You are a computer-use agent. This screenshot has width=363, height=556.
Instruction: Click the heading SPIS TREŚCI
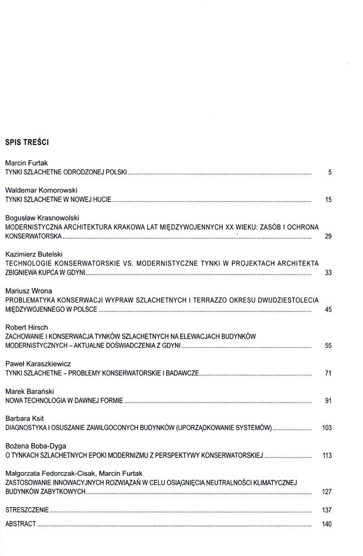27,142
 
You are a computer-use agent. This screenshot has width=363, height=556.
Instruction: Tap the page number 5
330,173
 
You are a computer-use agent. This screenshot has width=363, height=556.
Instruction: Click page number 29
328,236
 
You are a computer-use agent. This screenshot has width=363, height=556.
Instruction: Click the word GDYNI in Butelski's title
74,272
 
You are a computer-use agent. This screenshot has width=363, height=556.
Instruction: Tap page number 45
328,309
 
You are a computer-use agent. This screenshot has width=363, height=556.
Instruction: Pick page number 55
328,346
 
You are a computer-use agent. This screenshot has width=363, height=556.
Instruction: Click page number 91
328,401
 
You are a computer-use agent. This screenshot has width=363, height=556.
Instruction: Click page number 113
327,456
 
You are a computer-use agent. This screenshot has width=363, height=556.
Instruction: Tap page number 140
327,524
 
